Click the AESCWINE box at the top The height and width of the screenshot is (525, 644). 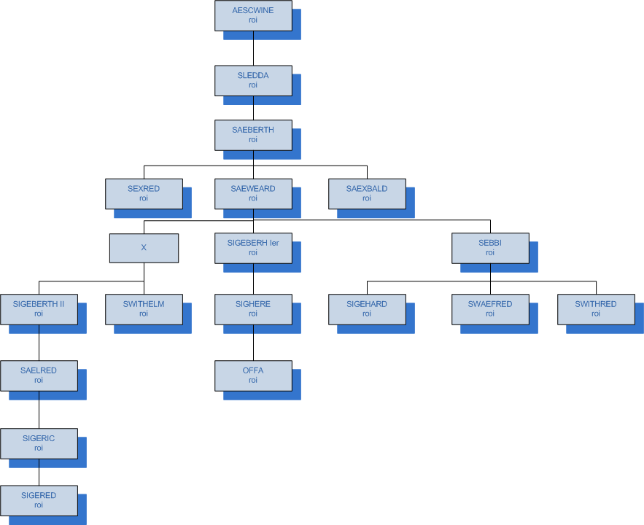click(x=253, y=15)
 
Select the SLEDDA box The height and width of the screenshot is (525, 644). click(x=253, y=80)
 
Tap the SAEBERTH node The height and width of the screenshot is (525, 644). click(x=253, y=135)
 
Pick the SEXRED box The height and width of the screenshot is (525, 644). click(x=144, y=193)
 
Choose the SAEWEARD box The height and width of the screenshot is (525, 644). click(x=253, y=193)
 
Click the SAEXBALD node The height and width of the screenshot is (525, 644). click(x=367, y=193)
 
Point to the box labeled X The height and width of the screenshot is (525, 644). click(x=144, y=248)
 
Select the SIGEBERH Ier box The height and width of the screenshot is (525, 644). click(x=253, y=248)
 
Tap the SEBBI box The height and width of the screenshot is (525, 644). click(x=490, y=248)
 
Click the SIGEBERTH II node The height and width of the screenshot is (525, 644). click(x=39, y=308)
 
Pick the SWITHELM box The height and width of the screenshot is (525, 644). click(x=144, y=308)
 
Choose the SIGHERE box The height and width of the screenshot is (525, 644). click(x=253, y=308)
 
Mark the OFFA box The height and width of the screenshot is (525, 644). click(x=253, y=375)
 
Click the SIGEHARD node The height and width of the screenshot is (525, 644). click(x=367, y=308)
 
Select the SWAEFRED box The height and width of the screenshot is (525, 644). click(x=490, y=308)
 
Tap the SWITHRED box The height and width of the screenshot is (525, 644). click(x=596, y=308)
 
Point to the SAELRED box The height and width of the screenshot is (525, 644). click(x=39, y=375)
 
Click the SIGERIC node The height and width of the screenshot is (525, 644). click(x=39, y=443)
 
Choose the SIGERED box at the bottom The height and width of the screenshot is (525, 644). click(x=39, y=499)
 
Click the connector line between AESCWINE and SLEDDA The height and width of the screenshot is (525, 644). click(x=253, y=48)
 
